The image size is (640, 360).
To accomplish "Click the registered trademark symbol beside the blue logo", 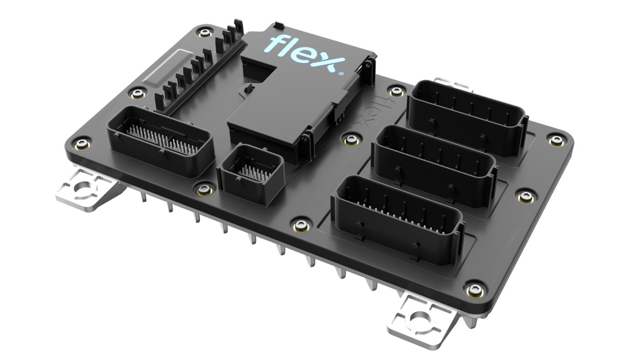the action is [x=341, y=74].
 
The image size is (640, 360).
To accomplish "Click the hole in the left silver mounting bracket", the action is [x=81, y=189].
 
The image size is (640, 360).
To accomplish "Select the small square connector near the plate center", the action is [x=251, y=173].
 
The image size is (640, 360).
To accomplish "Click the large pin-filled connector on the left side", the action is [x=160, y=141].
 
